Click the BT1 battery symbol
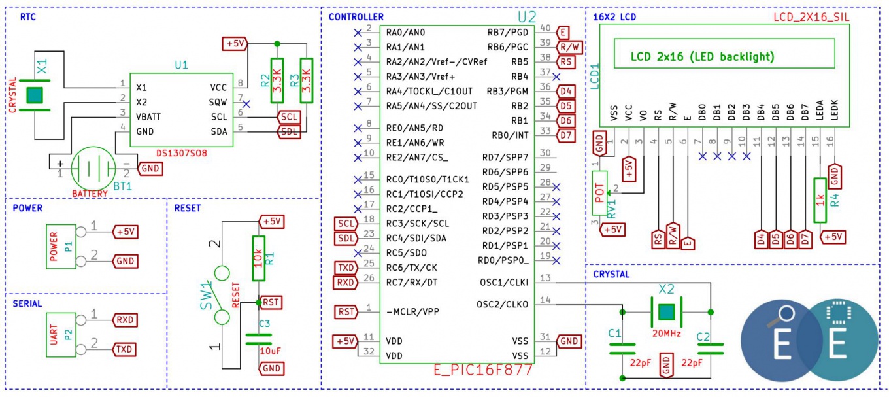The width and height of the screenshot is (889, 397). pyautogui.click(x=93, y=168)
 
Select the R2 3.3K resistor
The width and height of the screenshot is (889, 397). pyautogui.click(x=277, y=80)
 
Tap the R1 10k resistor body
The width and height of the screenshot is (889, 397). pyautogui.click(x=258, y=258)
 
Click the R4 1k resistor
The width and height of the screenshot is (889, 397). pyautogui.click(x=820, y=200)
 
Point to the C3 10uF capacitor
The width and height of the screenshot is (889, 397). pyautogui.click(x=259, y=339)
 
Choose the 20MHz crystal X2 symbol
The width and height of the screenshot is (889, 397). pyautogui.click(x=666, y=312)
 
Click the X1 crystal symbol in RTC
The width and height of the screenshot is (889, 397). pyautogui.click(x=35, y=95)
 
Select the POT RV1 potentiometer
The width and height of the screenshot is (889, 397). pyautogui.click(x=599, y=193)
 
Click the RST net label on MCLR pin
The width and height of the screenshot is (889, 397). pyautogui.click(x=346, y=311)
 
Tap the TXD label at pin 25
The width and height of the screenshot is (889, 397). pyautogui.click(x=346, y=268)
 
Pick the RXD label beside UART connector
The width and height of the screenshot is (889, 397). pyautogui.click(x=125, y=320)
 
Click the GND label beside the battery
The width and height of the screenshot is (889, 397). pyautogui.click(x=150, y=168)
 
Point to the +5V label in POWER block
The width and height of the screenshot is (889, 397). pyautogui.click(x=126, y=232)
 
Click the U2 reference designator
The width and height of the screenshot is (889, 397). pyautogui.click(x=527, y=17)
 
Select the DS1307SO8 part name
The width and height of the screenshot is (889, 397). pyautogui.click(x=181, y=153)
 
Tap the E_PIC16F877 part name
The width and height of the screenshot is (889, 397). pyautogui.click(x=483, y=370)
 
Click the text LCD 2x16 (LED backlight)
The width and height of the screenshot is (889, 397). pyautogui.click(x=703, y=57)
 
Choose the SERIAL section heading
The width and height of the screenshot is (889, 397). pyautogui.click(x=27, y=303)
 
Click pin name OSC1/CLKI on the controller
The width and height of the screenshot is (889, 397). pyautogui.click(x=504, y=283)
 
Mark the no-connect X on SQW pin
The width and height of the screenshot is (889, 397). pyautogui.click(x=246, y=104)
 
